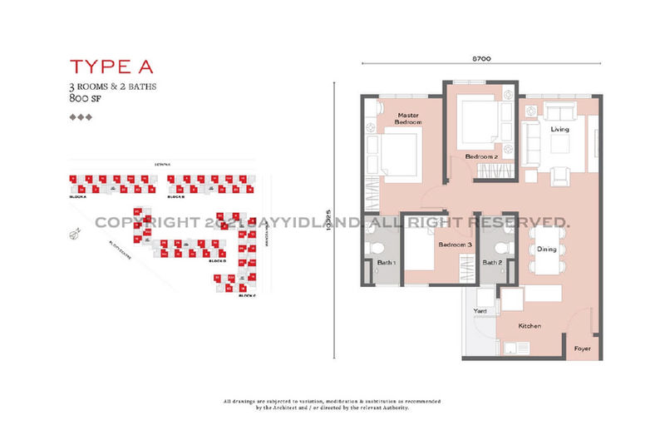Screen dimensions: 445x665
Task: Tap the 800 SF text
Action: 85,98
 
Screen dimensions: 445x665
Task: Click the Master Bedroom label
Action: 409,119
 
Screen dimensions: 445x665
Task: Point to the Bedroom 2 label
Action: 480,156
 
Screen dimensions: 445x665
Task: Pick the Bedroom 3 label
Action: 456,245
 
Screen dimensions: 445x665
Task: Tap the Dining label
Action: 546,248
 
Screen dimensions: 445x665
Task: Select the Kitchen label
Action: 530,326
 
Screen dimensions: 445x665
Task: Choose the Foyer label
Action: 583,349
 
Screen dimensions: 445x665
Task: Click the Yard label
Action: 480,312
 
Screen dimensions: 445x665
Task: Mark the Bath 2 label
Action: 493,263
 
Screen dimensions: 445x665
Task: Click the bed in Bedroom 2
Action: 475,122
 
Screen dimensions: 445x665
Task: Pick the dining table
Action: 546,250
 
